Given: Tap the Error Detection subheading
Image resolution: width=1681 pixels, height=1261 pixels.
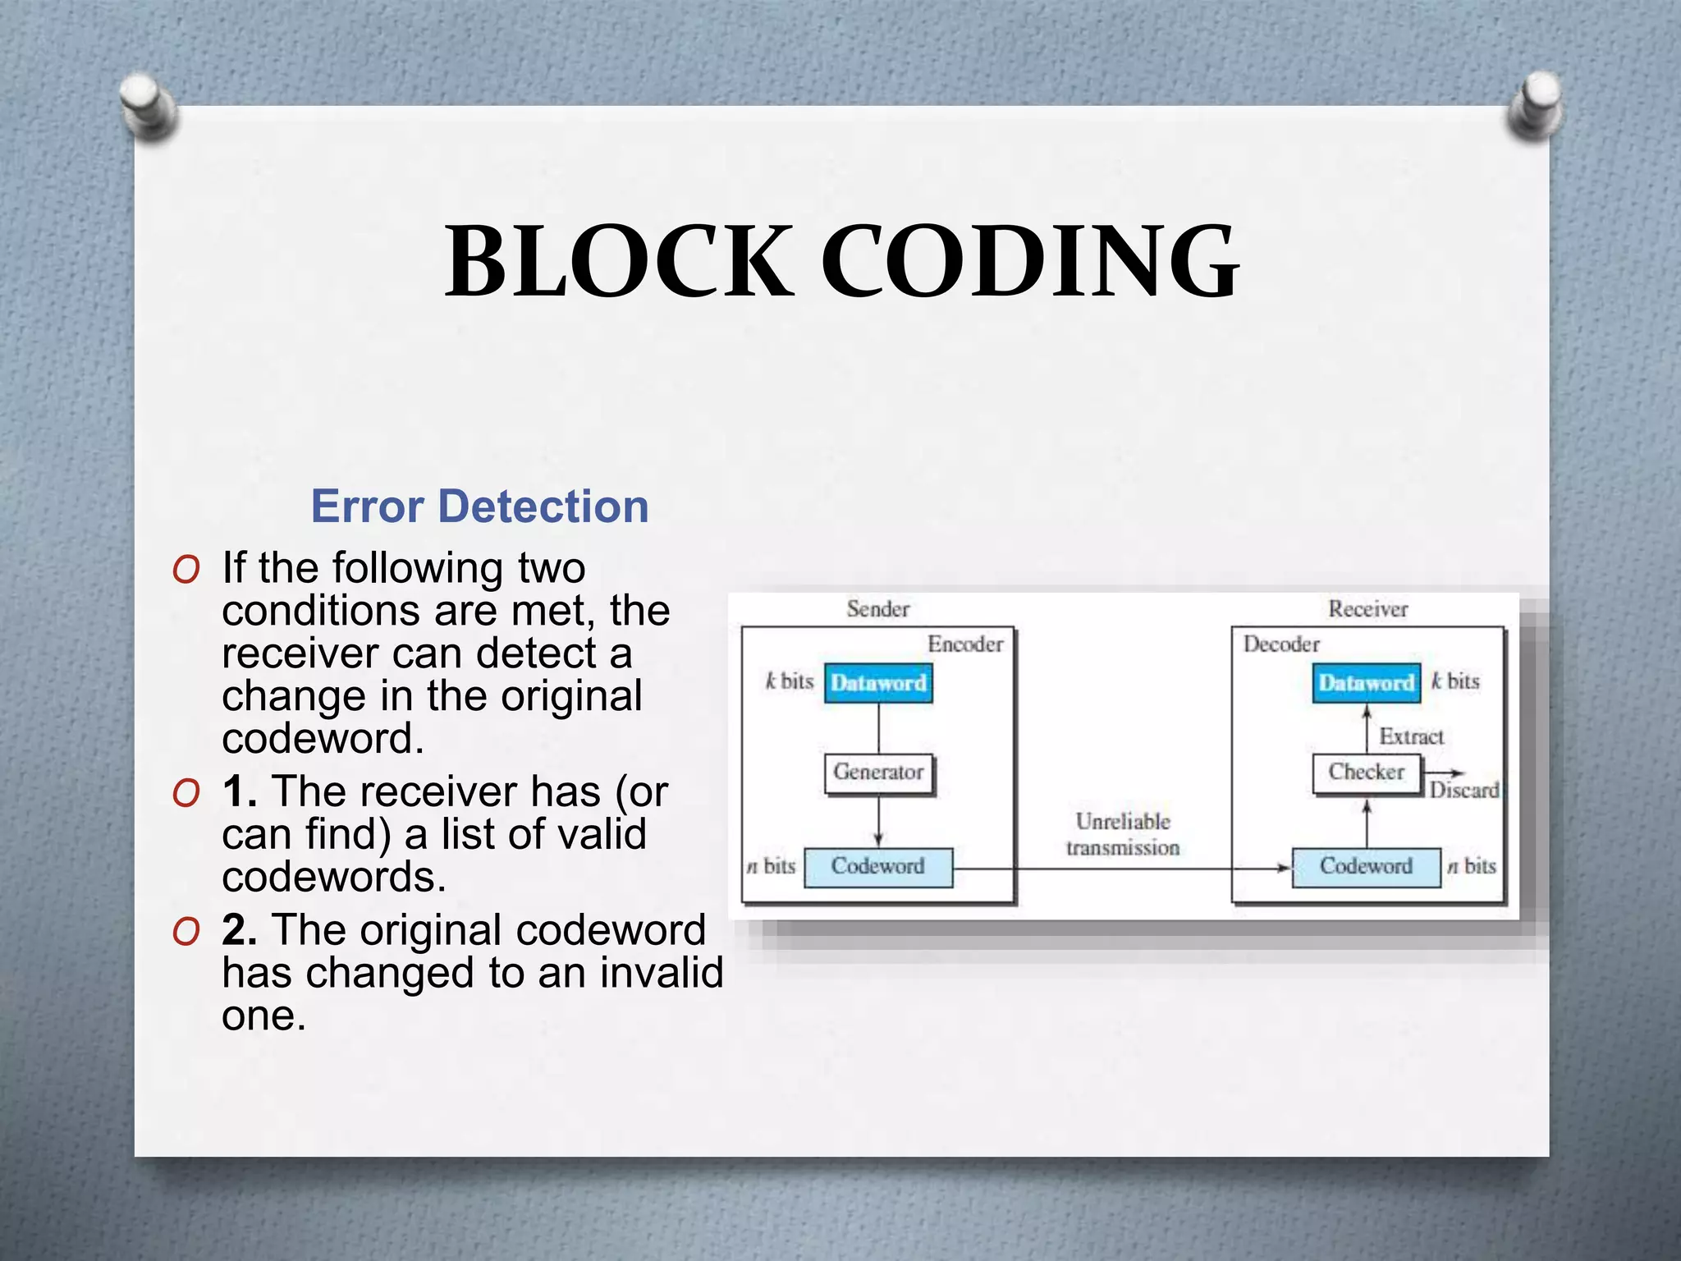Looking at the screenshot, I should click(479, 506).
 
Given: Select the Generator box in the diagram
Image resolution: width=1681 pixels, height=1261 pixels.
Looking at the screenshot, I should click(878, 773).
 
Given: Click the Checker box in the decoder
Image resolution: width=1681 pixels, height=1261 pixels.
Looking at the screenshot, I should click(1367, 773).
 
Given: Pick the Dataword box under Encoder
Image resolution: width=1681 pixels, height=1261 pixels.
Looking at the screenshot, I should click(878, 683).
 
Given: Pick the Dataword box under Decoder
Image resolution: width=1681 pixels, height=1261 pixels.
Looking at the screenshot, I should click(1367, 683).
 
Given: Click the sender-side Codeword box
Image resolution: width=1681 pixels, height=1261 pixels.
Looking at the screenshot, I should click(878, 867).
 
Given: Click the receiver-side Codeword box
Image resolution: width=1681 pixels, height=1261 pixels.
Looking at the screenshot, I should click(1367, 867).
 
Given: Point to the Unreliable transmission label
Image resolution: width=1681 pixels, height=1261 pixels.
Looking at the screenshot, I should click(1123, 834).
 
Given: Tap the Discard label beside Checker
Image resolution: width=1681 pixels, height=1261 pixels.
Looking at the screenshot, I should click(1464, 791).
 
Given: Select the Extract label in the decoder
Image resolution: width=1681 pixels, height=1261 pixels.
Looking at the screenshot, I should click(1411, 736).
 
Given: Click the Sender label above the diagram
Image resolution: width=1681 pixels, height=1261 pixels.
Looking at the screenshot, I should click(878, 609).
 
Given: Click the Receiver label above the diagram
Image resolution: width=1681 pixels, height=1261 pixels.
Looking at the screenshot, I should click(1368, 609).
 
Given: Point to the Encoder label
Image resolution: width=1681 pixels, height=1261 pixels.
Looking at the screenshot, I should click(965, 644).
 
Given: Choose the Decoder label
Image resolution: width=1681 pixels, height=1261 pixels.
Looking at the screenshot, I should click(1281, 644).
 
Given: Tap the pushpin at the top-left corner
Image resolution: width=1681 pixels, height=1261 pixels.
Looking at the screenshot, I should click(149, 105).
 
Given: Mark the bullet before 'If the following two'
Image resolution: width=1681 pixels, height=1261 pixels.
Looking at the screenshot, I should click(186, 569).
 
